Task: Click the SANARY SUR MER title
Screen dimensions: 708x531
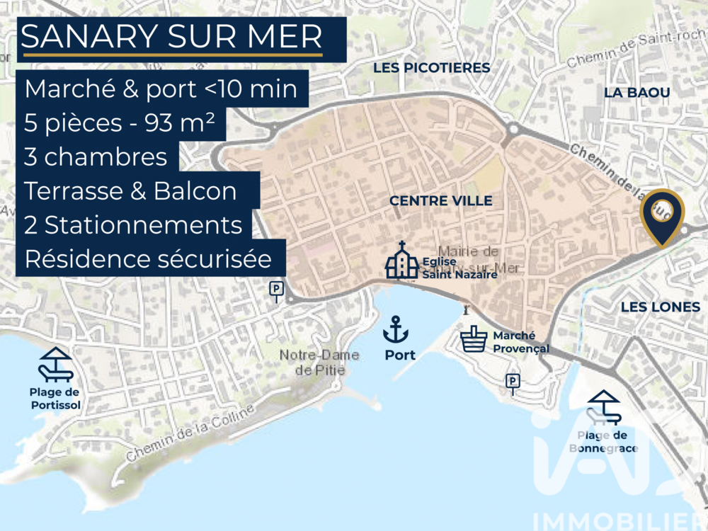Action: click(172, 37)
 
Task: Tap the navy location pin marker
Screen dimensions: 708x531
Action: click(662, 215)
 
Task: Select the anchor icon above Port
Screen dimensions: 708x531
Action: click(396, 330)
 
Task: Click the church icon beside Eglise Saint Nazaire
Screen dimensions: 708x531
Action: click(401, 261)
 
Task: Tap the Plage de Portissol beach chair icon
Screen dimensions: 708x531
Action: click(55, 365)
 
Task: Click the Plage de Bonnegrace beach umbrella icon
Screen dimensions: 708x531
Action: click(604, 407)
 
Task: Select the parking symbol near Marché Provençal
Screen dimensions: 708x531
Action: click(513, 382)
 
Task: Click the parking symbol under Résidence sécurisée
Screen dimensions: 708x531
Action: click(275, 289)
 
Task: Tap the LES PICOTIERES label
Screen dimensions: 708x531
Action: click(432, 68)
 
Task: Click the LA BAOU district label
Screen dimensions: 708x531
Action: click(636, 93)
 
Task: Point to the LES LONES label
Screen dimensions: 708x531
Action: click(660, 307)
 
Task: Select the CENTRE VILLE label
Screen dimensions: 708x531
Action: click(440, 201)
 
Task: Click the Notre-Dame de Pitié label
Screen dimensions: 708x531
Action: click(310, 362)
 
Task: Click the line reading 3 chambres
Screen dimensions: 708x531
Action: click(96, 156)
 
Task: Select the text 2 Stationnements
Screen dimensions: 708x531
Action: click(133, 225)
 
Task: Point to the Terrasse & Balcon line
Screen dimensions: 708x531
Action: click(130, 190)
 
